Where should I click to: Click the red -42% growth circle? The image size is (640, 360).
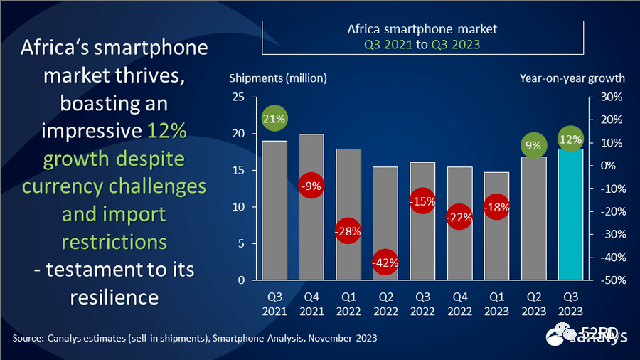(x=385, y=262)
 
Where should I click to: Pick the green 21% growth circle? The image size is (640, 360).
(x=274, y=119)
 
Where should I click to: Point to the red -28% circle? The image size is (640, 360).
(x=348, y=231)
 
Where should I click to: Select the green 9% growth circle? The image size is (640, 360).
(x=533, y=146)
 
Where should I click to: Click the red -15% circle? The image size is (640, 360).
(x=422, y=201)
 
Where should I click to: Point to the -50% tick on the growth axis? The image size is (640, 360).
(x=612, y=280)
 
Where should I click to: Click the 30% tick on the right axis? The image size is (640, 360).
(x=613, y=97)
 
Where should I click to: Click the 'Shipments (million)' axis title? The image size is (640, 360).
(x=277, y=78)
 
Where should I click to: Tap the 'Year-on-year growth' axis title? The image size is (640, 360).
(x=572, y=78)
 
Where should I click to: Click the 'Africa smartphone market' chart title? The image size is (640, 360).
(x=422, y=30)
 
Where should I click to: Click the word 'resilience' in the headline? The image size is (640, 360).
(x=114, y=297)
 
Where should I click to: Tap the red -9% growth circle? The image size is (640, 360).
(x=311, y=186)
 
